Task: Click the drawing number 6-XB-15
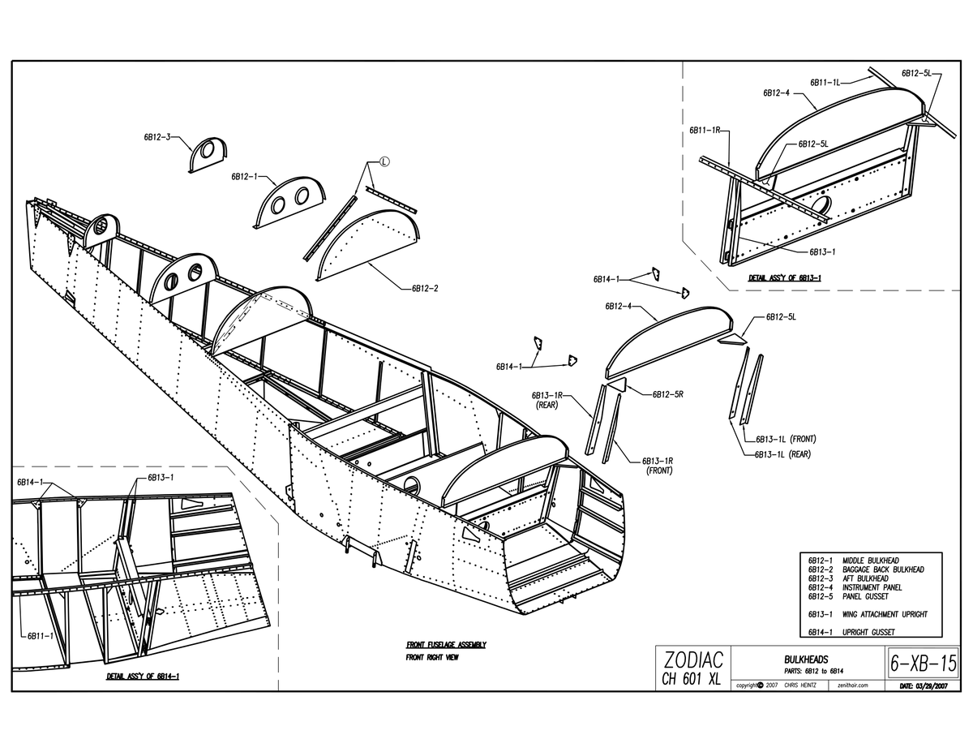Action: (x=923, y=664)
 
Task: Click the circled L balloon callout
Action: (x=384, y=161)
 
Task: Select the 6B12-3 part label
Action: (x=157, y=137)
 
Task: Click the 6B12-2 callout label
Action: (x=425, y=288)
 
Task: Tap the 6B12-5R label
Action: (x=667, y=394)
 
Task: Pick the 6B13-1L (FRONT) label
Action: (x=786, y=439)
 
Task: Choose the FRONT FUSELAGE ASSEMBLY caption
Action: (x=446, y=644)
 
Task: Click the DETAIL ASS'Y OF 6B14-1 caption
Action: (x=143, y=676)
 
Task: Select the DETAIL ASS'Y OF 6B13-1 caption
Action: (x=785, y=277)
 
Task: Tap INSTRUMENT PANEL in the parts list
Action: (x=872, y=587)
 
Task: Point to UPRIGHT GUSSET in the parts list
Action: (x=868, y=632)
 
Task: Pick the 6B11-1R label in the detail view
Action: (x=705, y=131)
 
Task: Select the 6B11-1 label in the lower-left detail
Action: (x=41, y=635)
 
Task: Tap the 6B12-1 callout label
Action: (x=245, y=177)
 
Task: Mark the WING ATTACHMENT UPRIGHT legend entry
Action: (x=885, y=614)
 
